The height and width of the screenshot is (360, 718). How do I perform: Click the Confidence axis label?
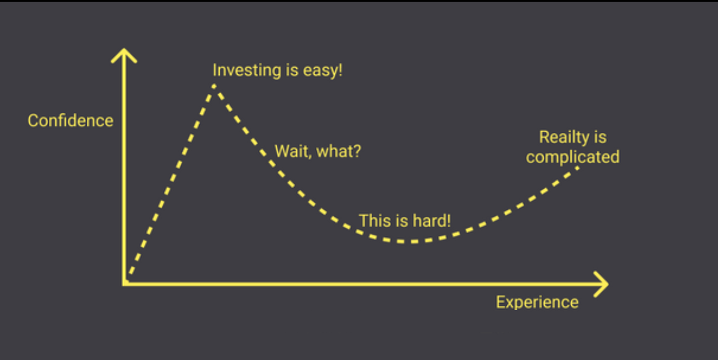coord(71,121)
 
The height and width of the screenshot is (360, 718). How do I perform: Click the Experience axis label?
coord(537,302)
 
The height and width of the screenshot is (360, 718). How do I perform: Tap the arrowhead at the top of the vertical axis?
coord(124,55)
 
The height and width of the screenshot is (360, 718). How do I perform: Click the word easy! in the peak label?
coord(323,71)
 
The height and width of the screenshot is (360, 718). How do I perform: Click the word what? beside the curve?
coord(339,151)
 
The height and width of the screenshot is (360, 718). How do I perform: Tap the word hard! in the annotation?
coord(431,221)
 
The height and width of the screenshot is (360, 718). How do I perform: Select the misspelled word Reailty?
coord(564,137)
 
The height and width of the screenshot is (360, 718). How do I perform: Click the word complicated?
coord(573,157)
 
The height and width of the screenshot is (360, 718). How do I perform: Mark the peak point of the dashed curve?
coord(214,86)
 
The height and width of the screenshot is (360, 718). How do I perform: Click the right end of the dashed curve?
coord(577,168)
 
